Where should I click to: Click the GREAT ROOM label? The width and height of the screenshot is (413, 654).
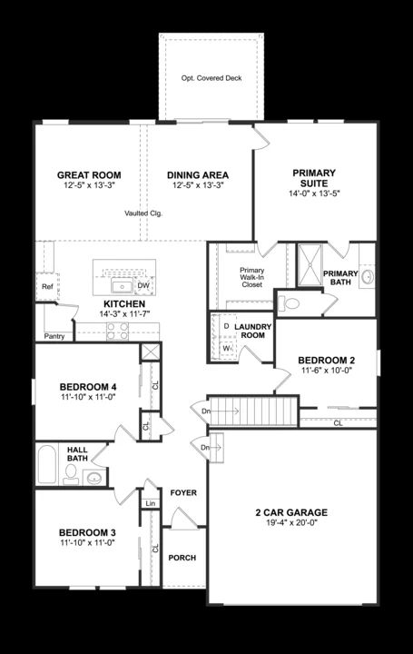[89, 175]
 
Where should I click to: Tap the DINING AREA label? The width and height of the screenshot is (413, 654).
[198, 175]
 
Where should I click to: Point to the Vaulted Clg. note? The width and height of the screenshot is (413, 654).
[143, 213]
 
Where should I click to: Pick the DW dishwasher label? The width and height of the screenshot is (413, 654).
[143, 285]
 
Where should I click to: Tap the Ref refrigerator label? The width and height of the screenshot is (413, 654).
[46, 287]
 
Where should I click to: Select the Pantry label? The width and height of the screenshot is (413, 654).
[54, 335]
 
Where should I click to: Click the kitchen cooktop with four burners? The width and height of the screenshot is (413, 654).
[118, 332]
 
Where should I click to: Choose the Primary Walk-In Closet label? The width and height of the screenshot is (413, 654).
[251, 277]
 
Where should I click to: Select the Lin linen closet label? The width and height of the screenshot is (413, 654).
[150, 503]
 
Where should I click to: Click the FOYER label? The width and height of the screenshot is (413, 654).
[184, 492]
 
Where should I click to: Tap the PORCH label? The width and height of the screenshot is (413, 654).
[183, 558]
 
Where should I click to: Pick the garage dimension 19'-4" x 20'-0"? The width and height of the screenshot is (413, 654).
[291, 524]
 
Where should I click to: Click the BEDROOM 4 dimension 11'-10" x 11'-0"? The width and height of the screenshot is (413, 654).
[89, 398]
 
